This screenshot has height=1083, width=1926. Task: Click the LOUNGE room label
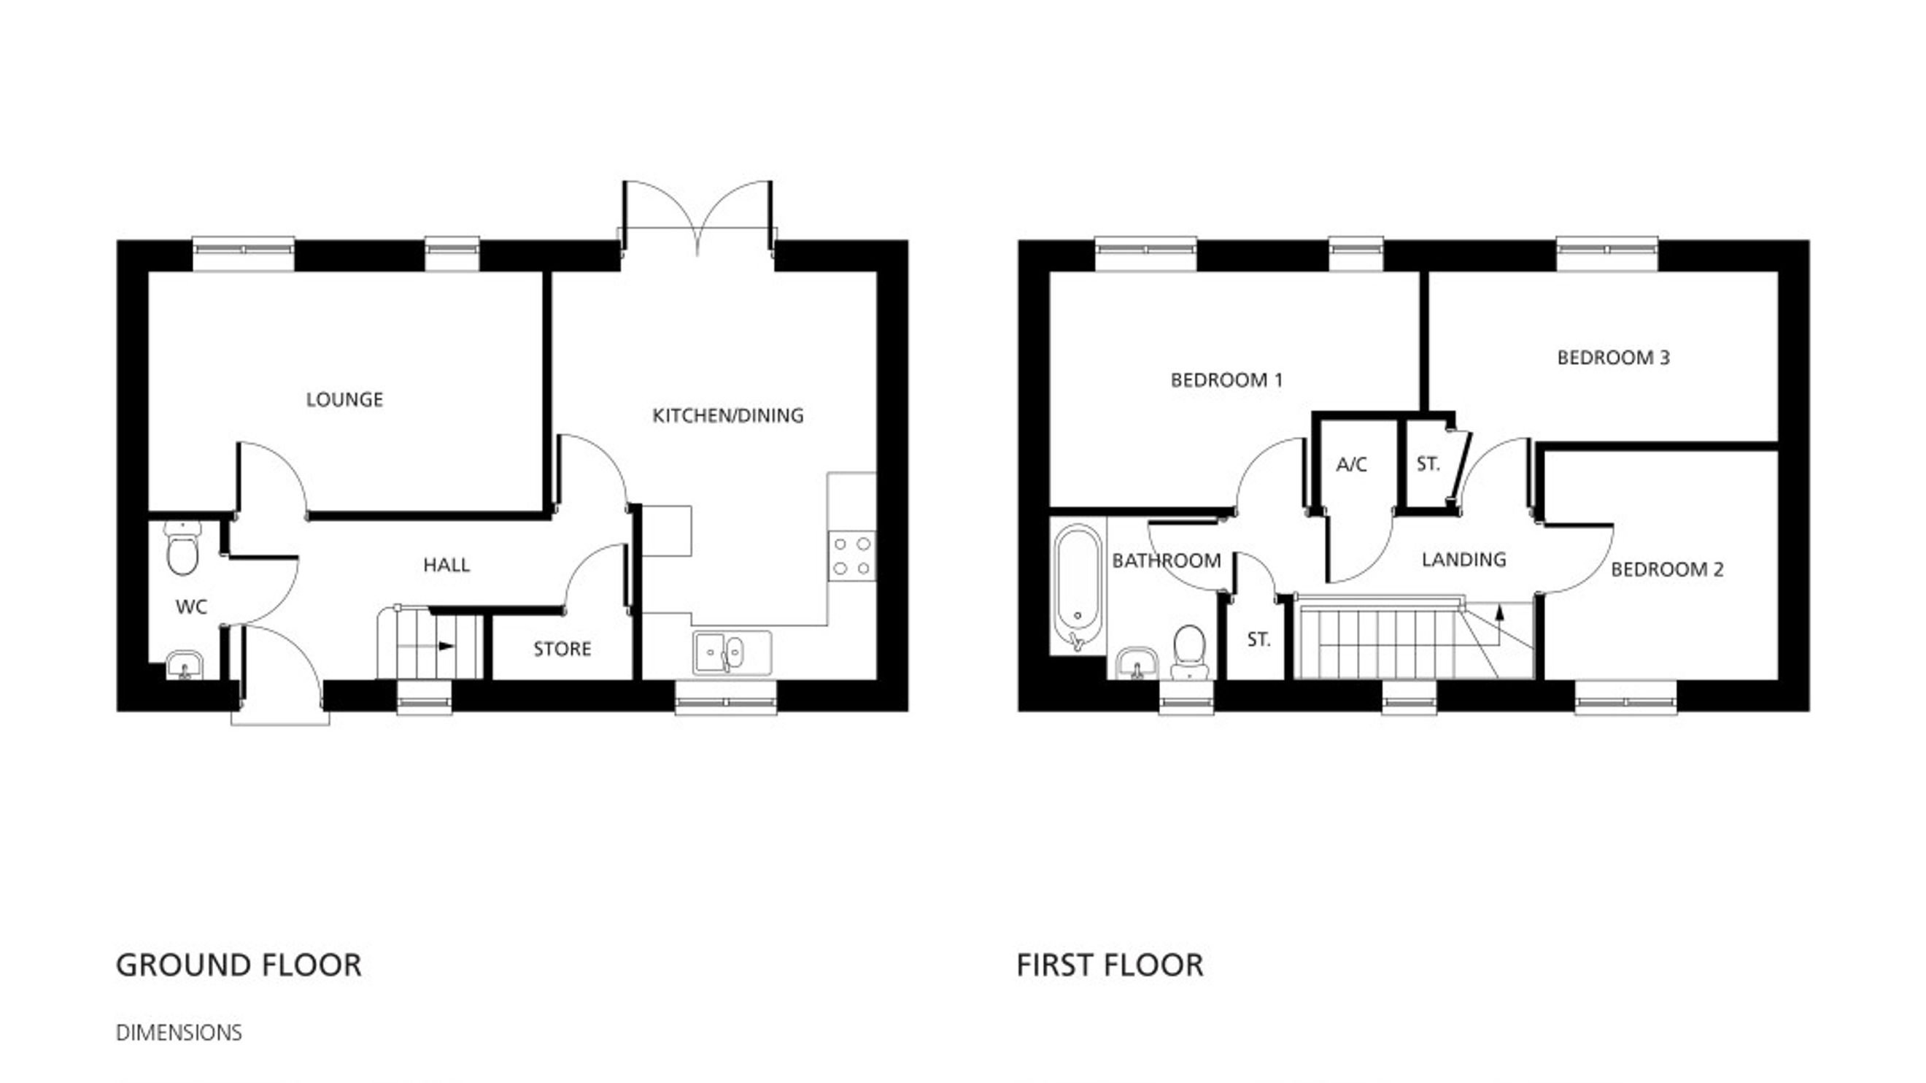click(344, 399)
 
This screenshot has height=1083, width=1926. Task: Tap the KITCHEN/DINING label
click(728, 415)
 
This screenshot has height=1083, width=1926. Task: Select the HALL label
click(446, 565)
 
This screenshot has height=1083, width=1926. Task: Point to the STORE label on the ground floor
click(562, 649)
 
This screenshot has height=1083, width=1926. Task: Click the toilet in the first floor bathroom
click(1189, 652)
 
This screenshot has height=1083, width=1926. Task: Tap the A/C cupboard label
click(1352, 464)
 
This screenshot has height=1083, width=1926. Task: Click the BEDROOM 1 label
click(1227, 380)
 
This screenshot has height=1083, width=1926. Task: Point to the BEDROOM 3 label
click(1614, 358)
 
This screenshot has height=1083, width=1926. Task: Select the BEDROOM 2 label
click(1667, 569)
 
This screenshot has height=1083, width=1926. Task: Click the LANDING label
click(1464, 559)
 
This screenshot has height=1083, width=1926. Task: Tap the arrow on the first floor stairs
click(1499, 625)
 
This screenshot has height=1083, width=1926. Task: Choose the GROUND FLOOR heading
click(239, 965)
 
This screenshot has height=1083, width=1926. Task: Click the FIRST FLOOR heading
click(1110, 965)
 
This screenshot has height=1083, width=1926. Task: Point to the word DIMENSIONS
click(179, 1032)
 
